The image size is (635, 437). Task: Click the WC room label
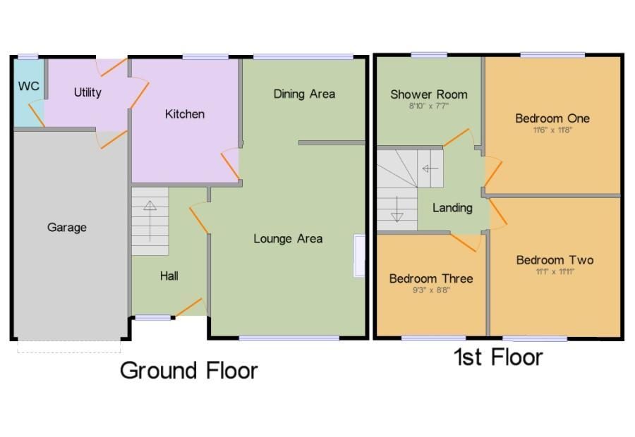pyautogui.click(x=29, y=86)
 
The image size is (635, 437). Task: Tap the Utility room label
pyautogui.click(x=87, y=92)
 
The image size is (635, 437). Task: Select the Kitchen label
pyautogui.click(x=185, y=114)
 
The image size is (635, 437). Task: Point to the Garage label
pyautogui.click(x=67, y=228)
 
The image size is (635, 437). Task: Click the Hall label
pyautogui.click(x=169, y=276)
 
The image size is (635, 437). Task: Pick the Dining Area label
pyautogui.click(x=304, y=94)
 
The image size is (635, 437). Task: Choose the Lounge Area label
pyautogui.click(x=288, y=239)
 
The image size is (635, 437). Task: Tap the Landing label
pyautogui.click(x=452, y=208)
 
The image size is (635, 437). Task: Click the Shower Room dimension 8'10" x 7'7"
pyautogui.click(x=429, y=106)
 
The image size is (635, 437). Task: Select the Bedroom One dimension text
pyautogui.click(x=552, y=130)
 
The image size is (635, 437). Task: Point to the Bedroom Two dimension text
pyautogui.click(x=555, y=271)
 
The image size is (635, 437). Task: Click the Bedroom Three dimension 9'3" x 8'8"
pyautogui.click(x=431, y=290)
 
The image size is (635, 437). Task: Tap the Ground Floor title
pyautogui.click(x=188, y=370)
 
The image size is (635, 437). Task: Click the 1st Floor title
pyautogui.click(x=498, y=357)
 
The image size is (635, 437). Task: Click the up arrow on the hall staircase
pyautogui.click(x=150, y=221)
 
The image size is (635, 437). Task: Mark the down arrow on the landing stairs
pyautogui.click(x=397, y=209)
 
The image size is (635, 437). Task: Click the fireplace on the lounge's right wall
pyautogui.click(x=359, y=256)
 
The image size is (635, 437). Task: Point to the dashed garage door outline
pyautogui.click(x=69, y=347)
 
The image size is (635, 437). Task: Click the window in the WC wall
pyautogui.click(x=28, y=57)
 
